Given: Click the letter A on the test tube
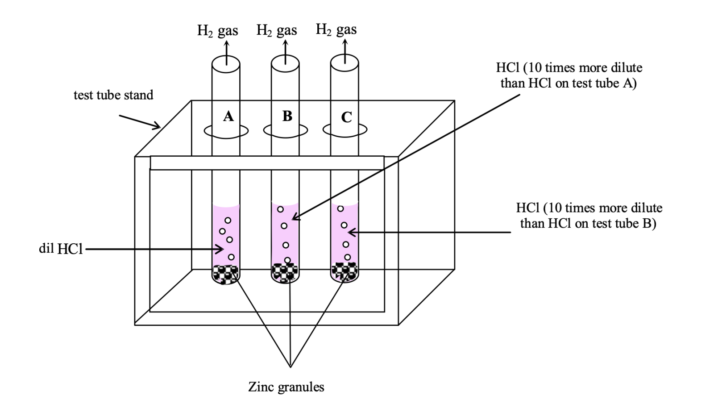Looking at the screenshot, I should [228, 117].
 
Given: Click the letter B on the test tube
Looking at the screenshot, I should [287, 116].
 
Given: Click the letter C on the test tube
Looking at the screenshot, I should [346, 117].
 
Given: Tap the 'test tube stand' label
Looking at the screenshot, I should [113, 95].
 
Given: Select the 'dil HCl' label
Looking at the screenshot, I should [61, 249].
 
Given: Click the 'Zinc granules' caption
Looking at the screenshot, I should [286, 387].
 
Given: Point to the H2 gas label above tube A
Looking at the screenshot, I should [218, 31].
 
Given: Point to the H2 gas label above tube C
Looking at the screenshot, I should [336, 29].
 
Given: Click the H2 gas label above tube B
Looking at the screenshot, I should [277, 30].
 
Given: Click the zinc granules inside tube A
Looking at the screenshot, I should [225, 273].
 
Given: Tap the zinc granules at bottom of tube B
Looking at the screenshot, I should [285, 272].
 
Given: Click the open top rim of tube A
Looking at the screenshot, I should [225, 63].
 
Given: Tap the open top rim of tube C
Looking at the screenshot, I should [344, 63].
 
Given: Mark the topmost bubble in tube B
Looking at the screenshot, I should [280, 209].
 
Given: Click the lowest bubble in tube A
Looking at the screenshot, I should [231, 257].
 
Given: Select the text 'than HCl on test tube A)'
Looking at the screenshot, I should [569, 83].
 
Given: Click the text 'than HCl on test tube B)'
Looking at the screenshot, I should [588, 223].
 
